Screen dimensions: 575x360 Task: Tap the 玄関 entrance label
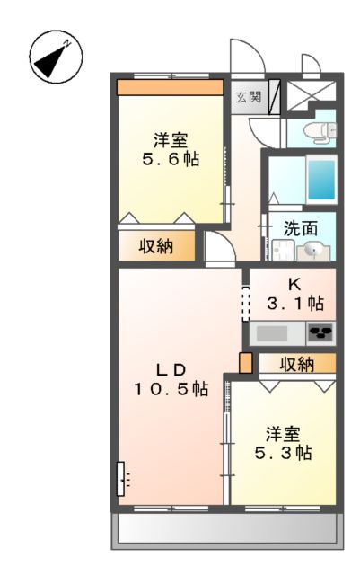[249, 97]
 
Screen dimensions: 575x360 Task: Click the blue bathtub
[320, 180]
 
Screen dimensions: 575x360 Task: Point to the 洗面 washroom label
[301, 228]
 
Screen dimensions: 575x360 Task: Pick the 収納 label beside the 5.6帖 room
[155, 246]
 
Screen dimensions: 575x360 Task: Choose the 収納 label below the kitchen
[296, 364]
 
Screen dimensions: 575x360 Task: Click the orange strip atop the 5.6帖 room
[170, 88]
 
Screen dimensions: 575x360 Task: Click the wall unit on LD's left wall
[121, 479]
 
